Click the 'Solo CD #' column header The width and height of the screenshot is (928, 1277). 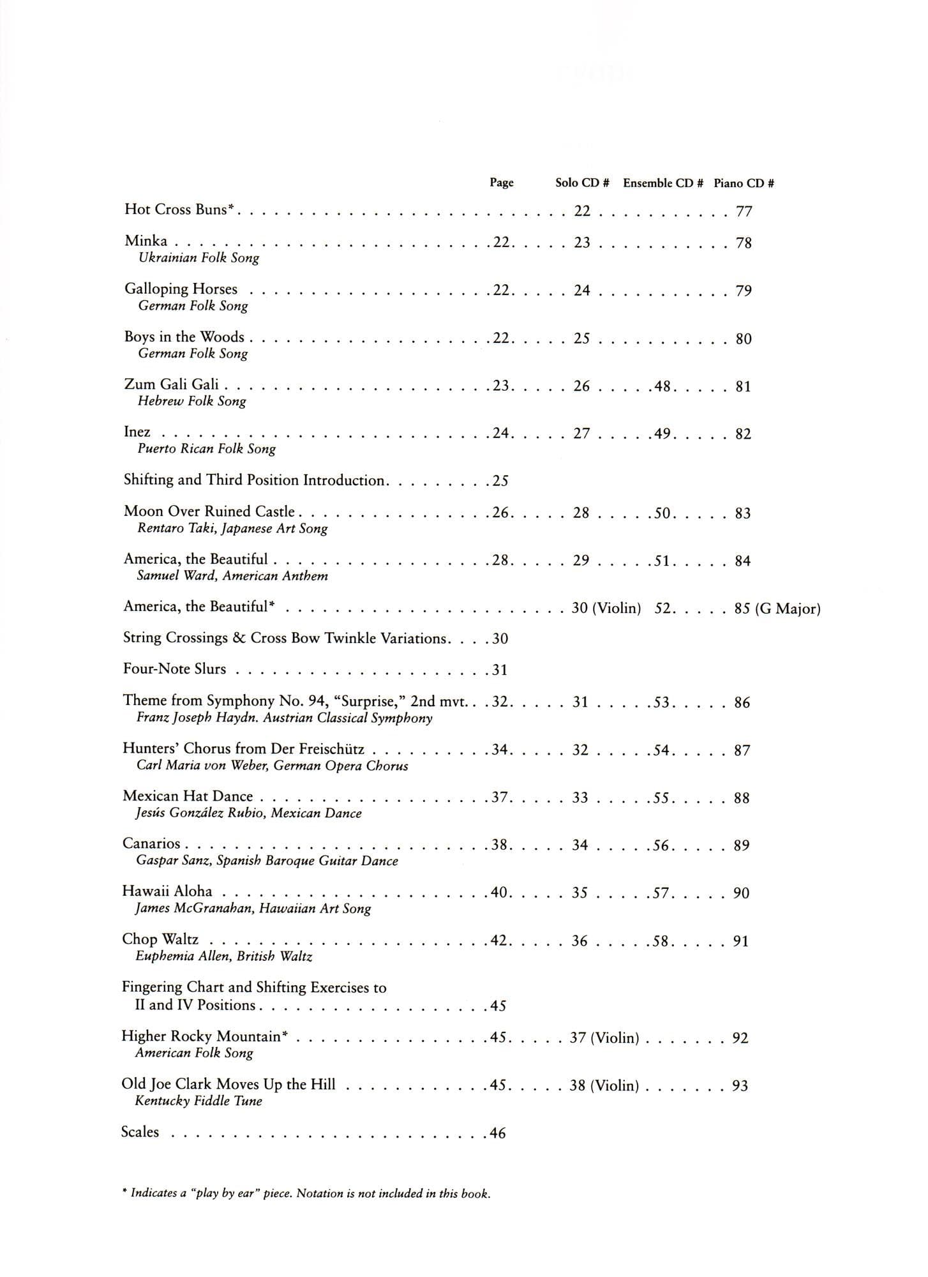(581, 183)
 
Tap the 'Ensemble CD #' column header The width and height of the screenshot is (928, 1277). (662, 183)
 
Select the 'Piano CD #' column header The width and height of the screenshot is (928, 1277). (744, 183)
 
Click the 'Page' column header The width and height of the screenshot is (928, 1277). (501, 183)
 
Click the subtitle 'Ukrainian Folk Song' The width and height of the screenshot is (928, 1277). (198, 258)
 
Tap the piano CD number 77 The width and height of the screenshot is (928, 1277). (744, 211)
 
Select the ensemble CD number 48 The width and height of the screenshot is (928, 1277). (662, 386)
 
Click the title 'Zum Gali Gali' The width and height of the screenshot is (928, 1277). (171, 384)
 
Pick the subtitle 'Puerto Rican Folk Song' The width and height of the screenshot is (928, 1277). (206, 449)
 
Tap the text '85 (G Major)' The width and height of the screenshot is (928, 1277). (777, 608)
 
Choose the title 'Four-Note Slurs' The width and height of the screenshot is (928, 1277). (174, 669)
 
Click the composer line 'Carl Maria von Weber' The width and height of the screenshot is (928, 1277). (272, 766)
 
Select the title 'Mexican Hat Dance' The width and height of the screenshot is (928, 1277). (188, 796)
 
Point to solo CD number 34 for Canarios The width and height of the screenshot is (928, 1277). (580, 845)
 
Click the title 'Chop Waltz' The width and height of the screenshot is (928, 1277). (160, 939)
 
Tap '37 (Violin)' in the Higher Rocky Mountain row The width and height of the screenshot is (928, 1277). (604, 1038)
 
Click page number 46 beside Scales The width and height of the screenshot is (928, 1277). (498, 1133)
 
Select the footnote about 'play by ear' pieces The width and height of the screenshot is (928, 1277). (306, 1193)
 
